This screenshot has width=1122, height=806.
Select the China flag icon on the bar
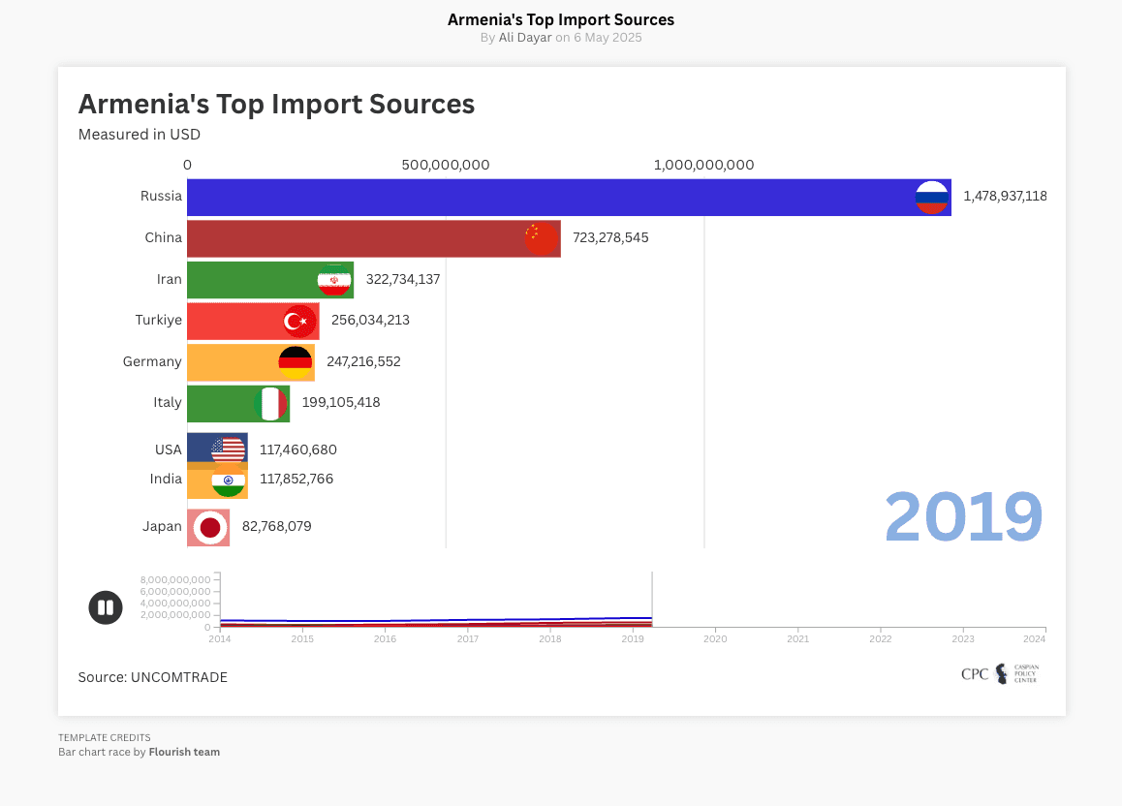pos(541,238)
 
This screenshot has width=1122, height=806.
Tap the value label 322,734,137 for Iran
pos(403,279)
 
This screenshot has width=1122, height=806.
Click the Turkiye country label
pos(158,320)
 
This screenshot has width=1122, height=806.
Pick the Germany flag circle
pos(296,362)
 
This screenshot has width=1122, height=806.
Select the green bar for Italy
pos(223,403)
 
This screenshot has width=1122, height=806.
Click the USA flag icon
pos(229,449)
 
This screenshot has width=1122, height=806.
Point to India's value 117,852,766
pos(296,479)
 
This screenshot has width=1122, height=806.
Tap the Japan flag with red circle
pos(209,527)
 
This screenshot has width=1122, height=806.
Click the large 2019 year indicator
pos(963,517)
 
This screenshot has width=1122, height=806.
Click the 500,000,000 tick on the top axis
pos(446,165)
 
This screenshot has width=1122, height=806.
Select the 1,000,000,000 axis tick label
pos(704,165)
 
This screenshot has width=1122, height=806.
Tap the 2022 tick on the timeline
pos(880,638)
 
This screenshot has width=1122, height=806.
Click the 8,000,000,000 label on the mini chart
pos(175,579)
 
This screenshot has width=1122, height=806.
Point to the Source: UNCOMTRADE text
pos(153,677)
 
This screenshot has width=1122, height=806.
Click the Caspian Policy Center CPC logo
pos(998,674)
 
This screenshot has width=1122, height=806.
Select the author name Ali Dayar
pos(525,38)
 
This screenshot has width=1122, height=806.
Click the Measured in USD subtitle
pos(140,135)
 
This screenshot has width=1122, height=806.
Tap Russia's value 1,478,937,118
pos(1005,197)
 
